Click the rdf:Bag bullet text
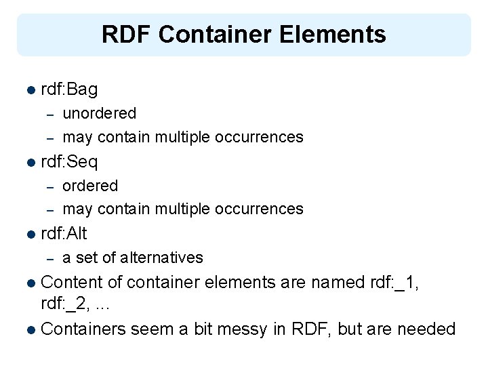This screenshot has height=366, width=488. [69, 89]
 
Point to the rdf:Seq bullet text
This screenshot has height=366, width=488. [69, 162]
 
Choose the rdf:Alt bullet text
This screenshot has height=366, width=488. [64, 234]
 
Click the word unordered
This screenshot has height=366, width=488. [99, 113]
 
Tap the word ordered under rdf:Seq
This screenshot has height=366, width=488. [90, 186]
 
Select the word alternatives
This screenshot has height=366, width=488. [162, 258]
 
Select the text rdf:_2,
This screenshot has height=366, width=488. [64, 306]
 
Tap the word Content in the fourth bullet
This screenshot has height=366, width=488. [81, 283]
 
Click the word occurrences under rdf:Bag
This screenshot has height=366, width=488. [259, 137]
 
